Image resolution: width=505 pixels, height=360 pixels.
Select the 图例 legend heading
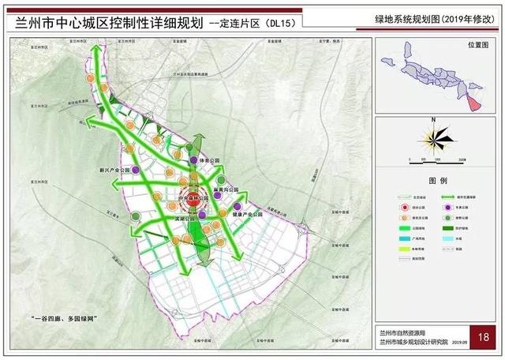[x=436, y=180]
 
